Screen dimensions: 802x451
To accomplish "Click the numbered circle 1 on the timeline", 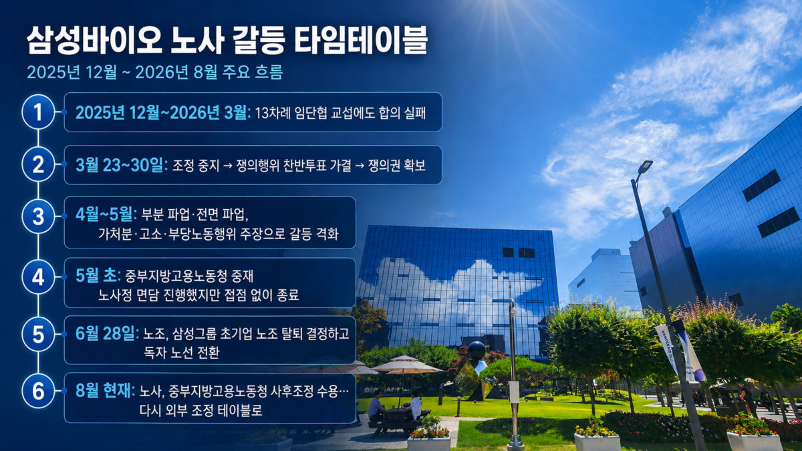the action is tap(38, 112).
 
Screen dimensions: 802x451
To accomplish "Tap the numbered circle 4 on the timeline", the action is tap(38, 277).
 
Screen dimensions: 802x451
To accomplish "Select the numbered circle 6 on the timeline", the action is tap(38, 391).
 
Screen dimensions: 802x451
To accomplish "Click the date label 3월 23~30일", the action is tap(122, 165).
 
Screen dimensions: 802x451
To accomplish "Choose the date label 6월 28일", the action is tap(107, 333).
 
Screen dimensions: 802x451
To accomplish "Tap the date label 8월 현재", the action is tap(106, 390).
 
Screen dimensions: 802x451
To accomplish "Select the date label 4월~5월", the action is tap(106, 214).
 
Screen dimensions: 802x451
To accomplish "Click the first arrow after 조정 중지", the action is tap(228, 166).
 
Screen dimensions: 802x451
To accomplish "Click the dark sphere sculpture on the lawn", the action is tap(477, 350).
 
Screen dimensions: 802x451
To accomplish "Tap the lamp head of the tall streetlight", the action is tap(645, 166).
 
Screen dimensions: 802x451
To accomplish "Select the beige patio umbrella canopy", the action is tap(406, 365).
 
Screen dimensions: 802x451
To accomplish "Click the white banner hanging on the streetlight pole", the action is tap(666, 348).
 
